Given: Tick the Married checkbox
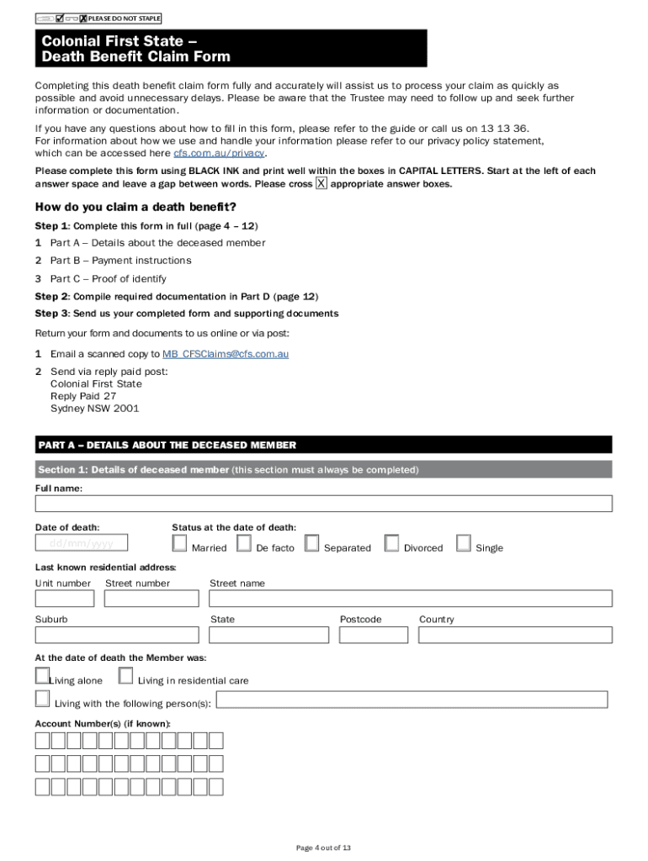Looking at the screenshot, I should [179, 543].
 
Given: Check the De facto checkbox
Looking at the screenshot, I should [244, 543].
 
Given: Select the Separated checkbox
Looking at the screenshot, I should [311, 543].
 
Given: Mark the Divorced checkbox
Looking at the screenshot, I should [391, 543].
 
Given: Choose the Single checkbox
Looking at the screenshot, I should [464, 543].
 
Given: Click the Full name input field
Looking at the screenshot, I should [323, 504].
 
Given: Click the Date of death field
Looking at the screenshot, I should [82, 543].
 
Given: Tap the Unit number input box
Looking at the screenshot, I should [64, 599].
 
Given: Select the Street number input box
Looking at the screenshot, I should [151, 599].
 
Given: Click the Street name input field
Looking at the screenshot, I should [411, 599].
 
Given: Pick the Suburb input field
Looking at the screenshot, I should [117, 635].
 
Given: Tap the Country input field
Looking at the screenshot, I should [515, 635].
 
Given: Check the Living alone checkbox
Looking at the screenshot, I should [42, 675].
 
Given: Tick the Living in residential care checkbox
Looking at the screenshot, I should [125, 675].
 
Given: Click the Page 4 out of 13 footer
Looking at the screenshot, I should [323, 848].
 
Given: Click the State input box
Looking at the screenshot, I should [269, 635].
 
